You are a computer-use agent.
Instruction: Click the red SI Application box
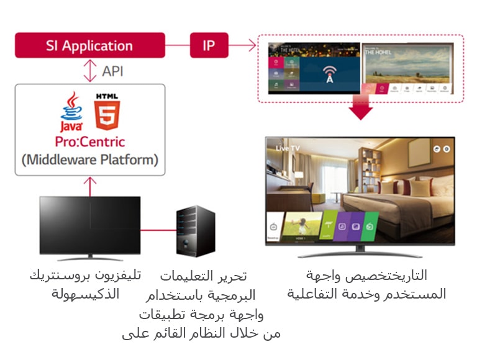[89, 45]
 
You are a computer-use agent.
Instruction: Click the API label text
[112, 71]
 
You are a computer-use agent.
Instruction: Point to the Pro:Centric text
[89, 142]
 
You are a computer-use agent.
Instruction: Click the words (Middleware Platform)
[89, 160]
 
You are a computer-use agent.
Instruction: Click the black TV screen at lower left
[89, 225]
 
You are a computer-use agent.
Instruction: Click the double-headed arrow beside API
[91, 71]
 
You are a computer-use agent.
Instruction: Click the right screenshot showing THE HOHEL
[412, 68]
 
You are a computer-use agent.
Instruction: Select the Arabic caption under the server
[202, 304]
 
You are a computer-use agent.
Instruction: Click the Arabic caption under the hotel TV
[366, 284]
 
